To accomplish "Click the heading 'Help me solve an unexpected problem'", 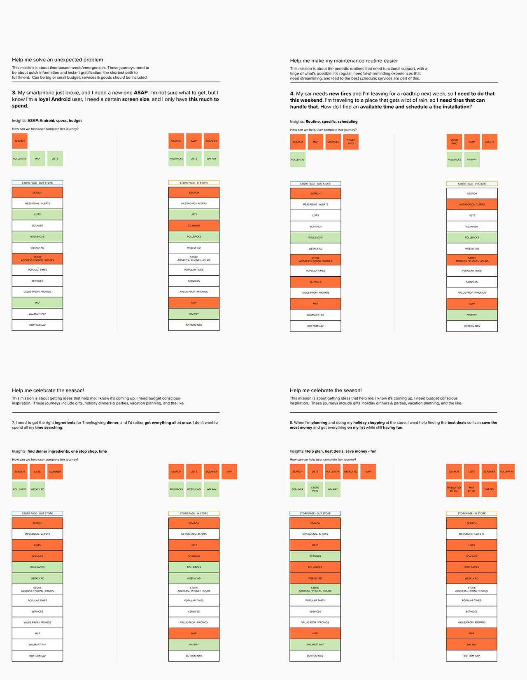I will click(57, 60).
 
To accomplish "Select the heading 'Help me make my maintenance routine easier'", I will click(344, 61).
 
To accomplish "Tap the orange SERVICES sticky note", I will click(333, 142).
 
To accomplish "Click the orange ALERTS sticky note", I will click(490, 142).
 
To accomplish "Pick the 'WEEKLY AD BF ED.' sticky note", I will click(454, 489).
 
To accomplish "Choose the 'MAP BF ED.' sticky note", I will click(471, 489).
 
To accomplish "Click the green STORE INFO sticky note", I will click(315, 489).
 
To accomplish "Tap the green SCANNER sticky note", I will click(297, 489).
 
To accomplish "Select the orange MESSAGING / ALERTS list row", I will click(472, 205).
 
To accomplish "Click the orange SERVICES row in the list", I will click(315, 282).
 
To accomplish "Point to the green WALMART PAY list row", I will click(315, 645).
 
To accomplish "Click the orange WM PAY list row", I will click(471, 645).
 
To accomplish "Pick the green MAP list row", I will click(37, 303).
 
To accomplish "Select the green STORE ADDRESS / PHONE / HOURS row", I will click(315, 589).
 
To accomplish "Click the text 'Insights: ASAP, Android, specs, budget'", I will click(47, 121).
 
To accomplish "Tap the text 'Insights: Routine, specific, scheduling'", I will click(324, 122).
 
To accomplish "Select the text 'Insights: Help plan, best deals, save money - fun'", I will click(333, 451).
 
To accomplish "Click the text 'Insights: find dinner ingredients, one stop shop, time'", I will click(59, 451).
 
